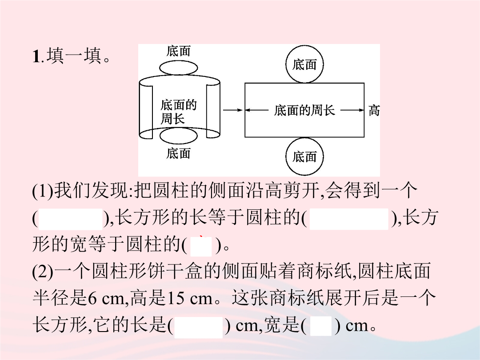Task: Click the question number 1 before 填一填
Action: [36, 56]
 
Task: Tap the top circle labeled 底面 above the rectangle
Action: [304, 64]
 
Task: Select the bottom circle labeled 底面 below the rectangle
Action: [304, 156]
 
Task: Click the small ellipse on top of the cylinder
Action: [179, 68]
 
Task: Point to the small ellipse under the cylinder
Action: [179, 136]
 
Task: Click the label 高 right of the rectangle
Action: [374, 110]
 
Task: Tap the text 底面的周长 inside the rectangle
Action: [304, 110]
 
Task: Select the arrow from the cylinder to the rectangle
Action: [232, 110]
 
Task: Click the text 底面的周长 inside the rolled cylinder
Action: [179, 112]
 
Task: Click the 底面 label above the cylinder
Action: [179, 51]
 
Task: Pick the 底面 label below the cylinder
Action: [179, 153]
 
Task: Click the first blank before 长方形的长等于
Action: [70, 219]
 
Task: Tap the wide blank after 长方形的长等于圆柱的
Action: [349, 219]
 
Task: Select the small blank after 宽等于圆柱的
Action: [201, 246]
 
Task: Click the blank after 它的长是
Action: [198, 327]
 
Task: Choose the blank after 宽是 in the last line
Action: [320, 327]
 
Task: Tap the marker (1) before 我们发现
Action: [43, 190]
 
